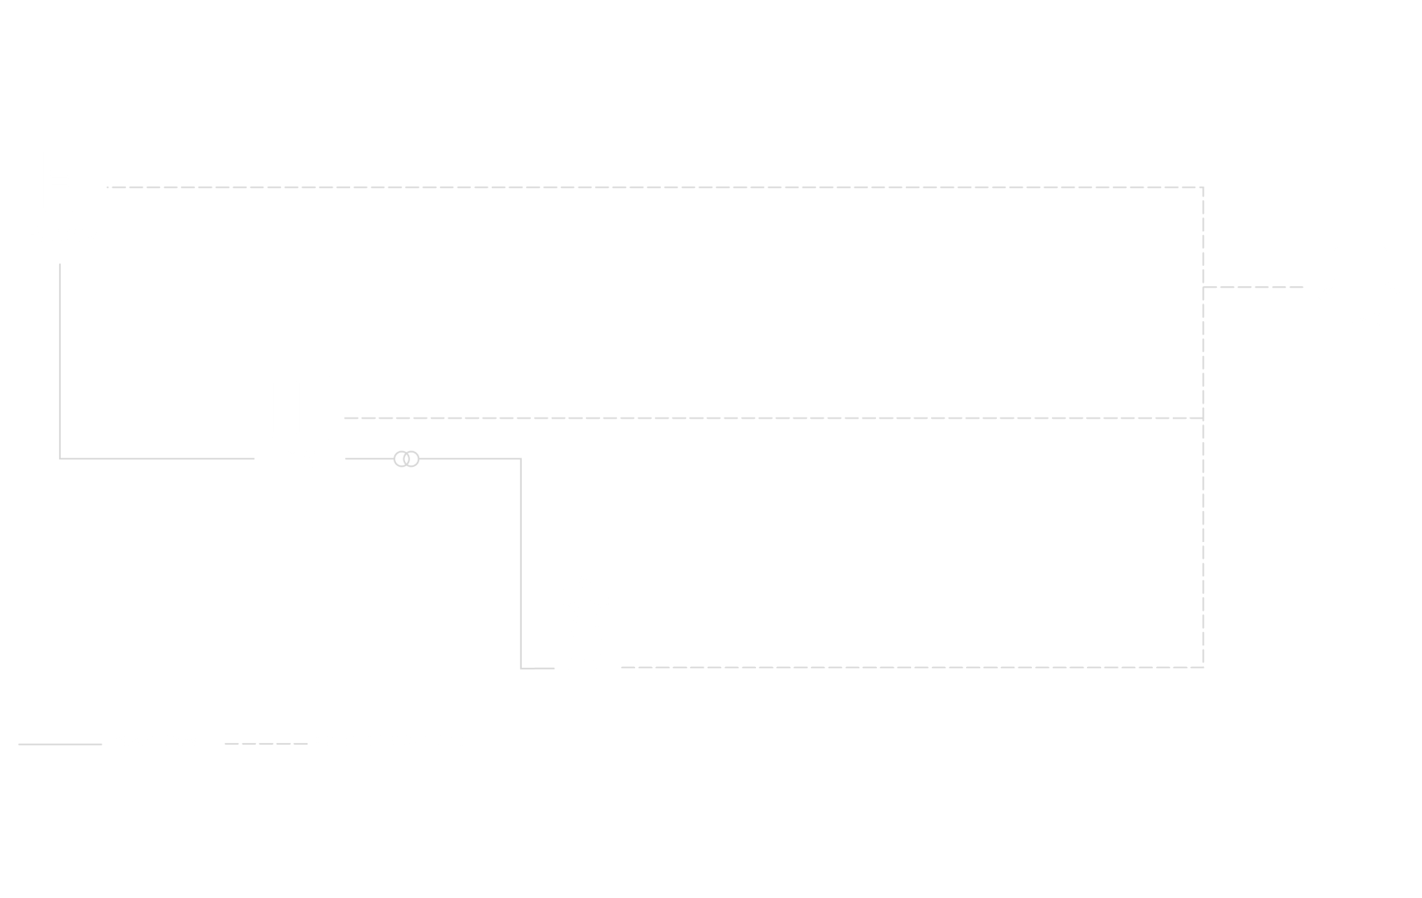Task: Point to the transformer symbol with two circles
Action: (x=406, y=459)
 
